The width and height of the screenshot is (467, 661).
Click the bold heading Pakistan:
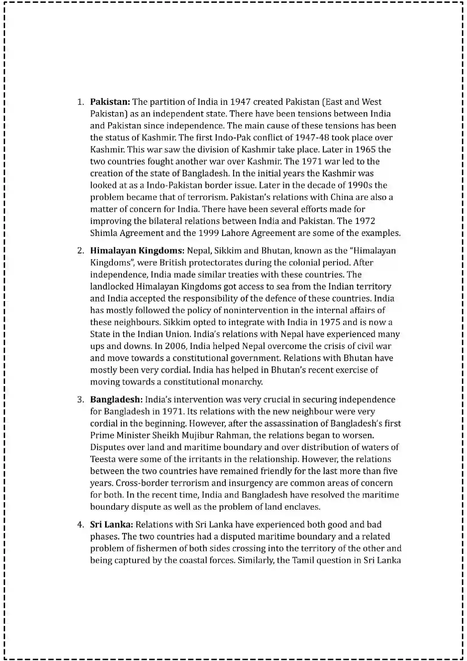click(110, 102)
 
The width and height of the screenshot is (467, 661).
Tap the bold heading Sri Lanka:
click(111, 525)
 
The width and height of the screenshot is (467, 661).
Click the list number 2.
click(80, 251)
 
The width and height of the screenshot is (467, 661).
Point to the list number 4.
click(80, 525)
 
